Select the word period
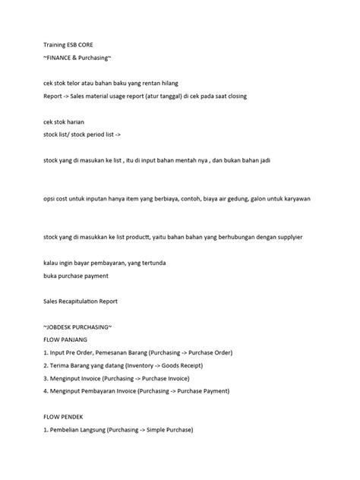(x=96, y=134)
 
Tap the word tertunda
(x=160, y=263)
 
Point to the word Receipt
(x=191, y=366)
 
